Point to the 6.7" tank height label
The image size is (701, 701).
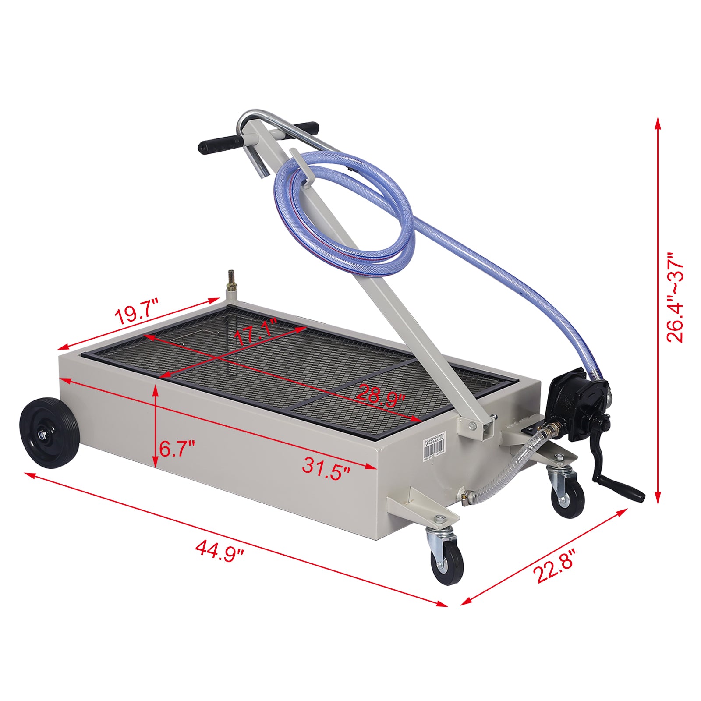coord(177,449)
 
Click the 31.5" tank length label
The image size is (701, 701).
coord(326,467)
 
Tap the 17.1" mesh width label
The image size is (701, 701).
coord(256,332)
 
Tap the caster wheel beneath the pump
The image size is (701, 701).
coord(567,497)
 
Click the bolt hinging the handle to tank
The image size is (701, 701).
coord(472,425)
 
